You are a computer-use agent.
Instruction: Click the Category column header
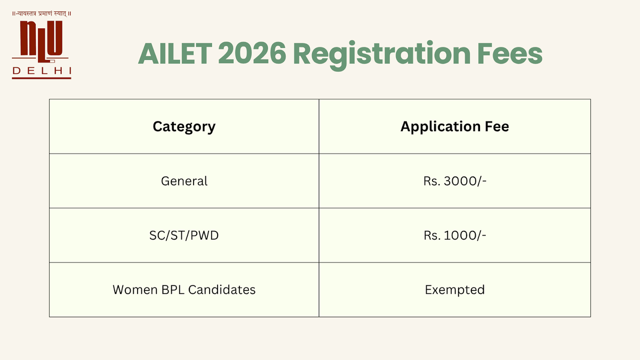point(184,126)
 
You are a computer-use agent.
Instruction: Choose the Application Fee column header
point(454,126)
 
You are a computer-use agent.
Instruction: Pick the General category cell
point(184,181)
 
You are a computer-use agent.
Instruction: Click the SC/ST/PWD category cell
point(184,235)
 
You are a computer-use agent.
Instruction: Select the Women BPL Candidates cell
point(184,290)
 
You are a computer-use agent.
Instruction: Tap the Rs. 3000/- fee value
point(454,181)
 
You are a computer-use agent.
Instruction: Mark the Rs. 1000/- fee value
point(454,235)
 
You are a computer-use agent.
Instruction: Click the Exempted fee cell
point(454,290)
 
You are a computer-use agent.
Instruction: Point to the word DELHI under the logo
point(42,70)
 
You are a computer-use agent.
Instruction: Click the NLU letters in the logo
point(41,40)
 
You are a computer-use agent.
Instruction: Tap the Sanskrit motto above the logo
point(42,13)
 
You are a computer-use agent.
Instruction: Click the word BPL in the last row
point(169,290)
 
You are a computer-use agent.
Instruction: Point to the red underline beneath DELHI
point(42,78)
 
